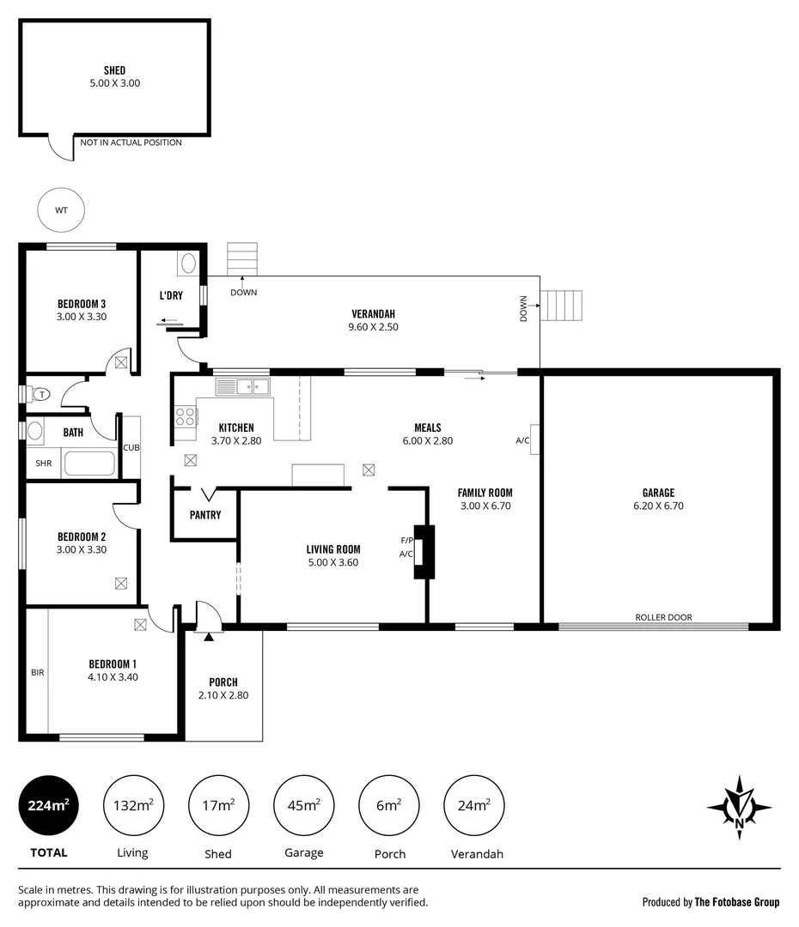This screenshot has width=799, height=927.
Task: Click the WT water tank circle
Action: coord(61,209)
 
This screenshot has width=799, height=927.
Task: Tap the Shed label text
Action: coord(114,70)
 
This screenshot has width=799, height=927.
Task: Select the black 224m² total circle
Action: coord(48,805)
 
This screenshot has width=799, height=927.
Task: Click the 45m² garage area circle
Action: coord(304,805)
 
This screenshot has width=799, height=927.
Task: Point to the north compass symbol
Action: coord(739,807)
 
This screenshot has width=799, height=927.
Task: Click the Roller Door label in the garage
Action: coord(663,617)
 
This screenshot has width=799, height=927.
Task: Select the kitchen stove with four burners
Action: coord(185,417)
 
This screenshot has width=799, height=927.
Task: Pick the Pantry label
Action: coord(205,515)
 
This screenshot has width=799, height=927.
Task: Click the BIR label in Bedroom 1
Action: coord(37,673)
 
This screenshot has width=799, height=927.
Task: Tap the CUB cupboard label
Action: coord(131,447)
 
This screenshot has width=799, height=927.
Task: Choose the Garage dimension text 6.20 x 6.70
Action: coord(658,506)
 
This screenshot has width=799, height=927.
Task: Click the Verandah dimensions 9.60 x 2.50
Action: coord(373,327)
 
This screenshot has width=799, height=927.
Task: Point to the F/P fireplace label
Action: coord(406,541)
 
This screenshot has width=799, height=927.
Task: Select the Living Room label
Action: coord(333,549)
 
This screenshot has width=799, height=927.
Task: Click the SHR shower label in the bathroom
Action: coord(43,463)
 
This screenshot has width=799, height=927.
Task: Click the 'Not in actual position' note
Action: coord(131,142)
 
